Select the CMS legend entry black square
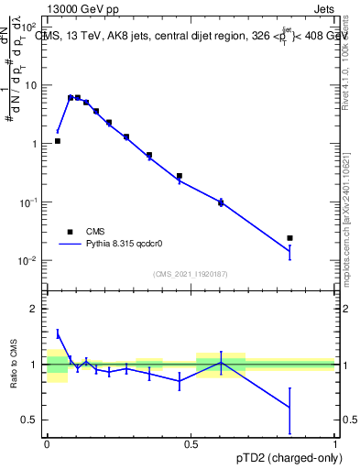(70, 232)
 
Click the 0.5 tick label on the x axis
(191, 442)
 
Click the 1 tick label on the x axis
(334, 442)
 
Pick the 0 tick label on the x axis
(47, 442)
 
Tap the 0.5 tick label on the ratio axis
(30, 420)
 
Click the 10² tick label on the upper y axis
(28, 27)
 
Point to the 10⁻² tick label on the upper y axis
(28, 261)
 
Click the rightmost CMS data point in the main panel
(289, 238)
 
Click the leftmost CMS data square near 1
(57, 141)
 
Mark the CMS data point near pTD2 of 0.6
(221, 202)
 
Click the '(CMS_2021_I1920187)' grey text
(191, 274)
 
